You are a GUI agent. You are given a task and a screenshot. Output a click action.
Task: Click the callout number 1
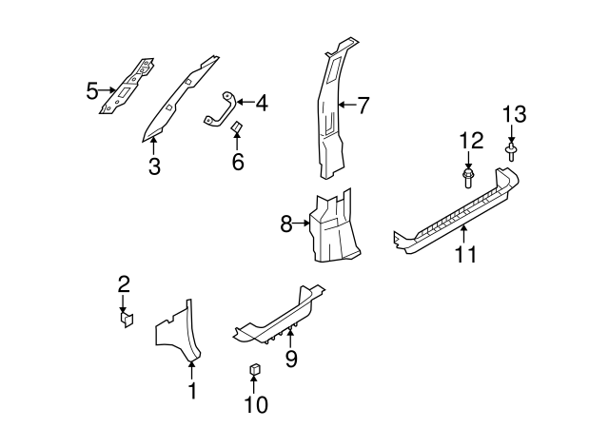tap(191, 390)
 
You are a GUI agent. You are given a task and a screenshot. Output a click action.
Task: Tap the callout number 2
tap(123, 283)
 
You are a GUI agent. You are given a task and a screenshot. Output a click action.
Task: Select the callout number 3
tap(153, 167)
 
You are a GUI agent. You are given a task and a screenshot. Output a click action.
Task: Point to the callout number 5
tap(92, 91)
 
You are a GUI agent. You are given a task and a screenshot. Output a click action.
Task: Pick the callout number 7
tap(363, 105)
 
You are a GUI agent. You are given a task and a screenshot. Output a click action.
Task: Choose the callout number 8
tap(285, 224)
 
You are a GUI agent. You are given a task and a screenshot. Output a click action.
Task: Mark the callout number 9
tap(291, 358)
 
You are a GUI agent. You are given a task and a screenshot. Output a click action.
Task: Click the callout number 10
tap(255, 404)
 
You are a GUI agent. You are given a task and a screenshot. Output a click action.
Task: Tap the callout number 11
tap(465, 254)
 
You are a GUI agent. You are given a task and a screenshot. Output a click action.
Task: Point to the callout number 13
tap(513, 114)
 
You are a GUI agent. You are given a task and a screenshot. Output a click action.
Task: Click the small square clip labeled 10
tap(255, 370)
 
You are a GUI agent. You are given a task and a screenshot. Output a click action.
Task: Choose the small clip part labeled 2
tap(126, 320)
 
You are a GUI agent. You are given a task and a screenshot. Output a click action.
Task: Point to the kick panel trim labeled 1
tap(176, 333)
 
